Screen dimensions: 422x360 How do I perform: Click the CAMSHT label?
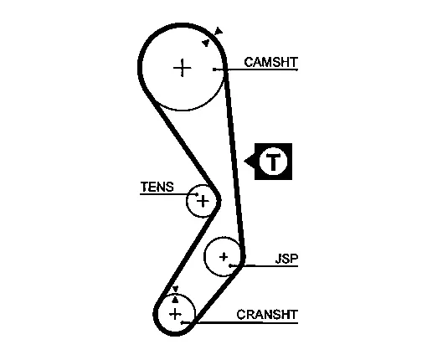(x=270, y=62)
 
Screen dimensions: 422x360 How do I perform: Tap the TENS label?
(x=157, y=187)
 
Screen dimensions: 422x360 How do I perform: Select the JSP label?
(x=286, y=259)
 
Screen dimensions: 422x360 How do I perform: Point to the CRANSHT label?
(x=267, y=315)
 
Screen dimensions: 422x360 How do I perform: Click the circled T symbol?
(x=273, y=162)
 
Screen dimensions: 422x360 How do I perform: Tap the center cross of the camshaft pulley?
(x=183, y=68)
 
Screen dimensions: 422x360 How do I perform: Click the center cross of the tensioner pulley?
(x=203, y=201)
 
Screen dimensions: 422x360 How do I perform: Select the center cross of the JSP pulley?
(x=224, y=257)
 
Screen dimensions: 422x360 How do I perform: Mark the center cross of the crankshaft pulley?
(x=175, y=314)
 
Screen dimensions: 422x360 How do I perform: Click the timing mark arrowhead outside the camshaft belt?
(x=219, y=31)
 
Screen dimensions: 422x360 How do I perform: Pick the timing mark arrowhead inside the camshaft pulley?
(x=206, y=43)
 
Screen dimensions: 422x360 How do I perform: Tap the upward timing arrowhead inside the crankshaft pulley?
(x=175, y=300)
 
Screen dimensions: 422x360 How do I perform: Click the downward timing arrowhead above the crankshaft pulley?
(x=175, y=289)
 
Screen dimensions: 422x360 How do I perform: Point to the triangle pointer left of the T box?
(x=250, y=161)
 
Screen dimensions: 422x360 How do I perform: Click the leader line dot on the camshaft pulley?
(x=214, y=69)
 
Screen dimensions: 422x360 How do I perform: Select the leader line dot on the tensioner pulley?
(x=197, y=194)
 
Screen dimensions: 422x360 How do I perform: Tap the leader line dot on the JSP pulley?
(x=230, y=265)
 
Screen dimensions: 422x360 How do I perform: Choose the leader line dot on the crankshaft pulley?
(x=182, y=322)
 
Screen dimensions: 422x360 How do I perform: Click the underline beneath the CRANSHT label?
(x=240, y=323)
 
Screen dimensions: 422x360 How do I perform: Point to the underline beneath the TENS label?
(x=168, y=194)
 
